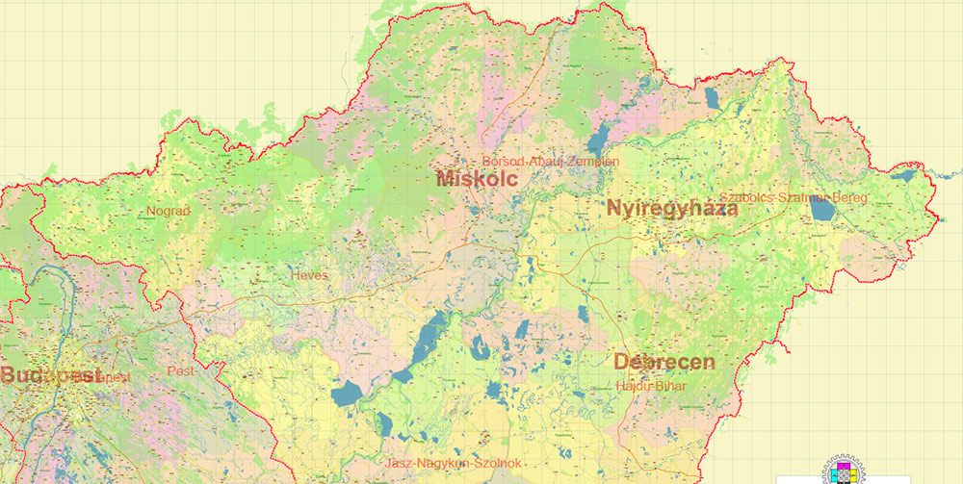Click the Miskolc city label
(x=477, y=179)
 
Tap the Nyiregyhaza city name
(x=672, y=208)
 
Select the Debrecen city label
(x=664, y=362)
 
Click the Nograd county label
(x=169, y=211)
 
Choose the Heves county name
(x=309, y=275)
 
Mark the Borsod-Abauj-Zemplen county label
(x=551, y=162)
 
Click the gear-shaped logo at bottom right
(x=843, y=470)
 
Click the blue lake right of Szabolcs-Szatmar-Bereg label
(x=821, y=208)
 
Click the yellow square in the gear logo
(x=853, y=475)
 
